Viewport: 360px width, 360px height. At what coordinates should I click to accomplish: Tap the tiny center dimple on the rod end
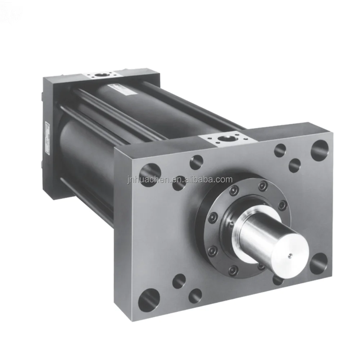coord(290,256)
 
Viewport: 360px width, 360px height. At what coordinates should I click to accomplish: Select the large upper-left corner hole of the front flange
coord(149,175)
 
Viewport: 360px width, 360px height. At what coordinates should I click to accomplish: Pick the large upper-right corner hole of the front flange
coord(319,150)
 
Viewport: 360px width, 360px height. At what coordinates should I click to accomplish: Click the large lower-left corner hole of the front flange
coord(148,300)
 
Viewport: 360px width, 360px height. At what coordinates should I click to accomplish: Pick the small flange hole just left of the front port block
coord(196,162)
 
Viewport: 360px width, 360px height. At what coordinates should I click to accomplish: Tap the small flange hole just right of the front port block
coord(280,150)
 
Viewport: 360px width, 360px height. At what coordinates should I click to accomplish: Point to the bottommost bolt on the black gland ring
coord(233,270)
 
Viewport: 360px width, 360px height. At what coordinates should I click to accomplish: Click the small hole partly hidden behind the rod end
coord(278,279)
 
